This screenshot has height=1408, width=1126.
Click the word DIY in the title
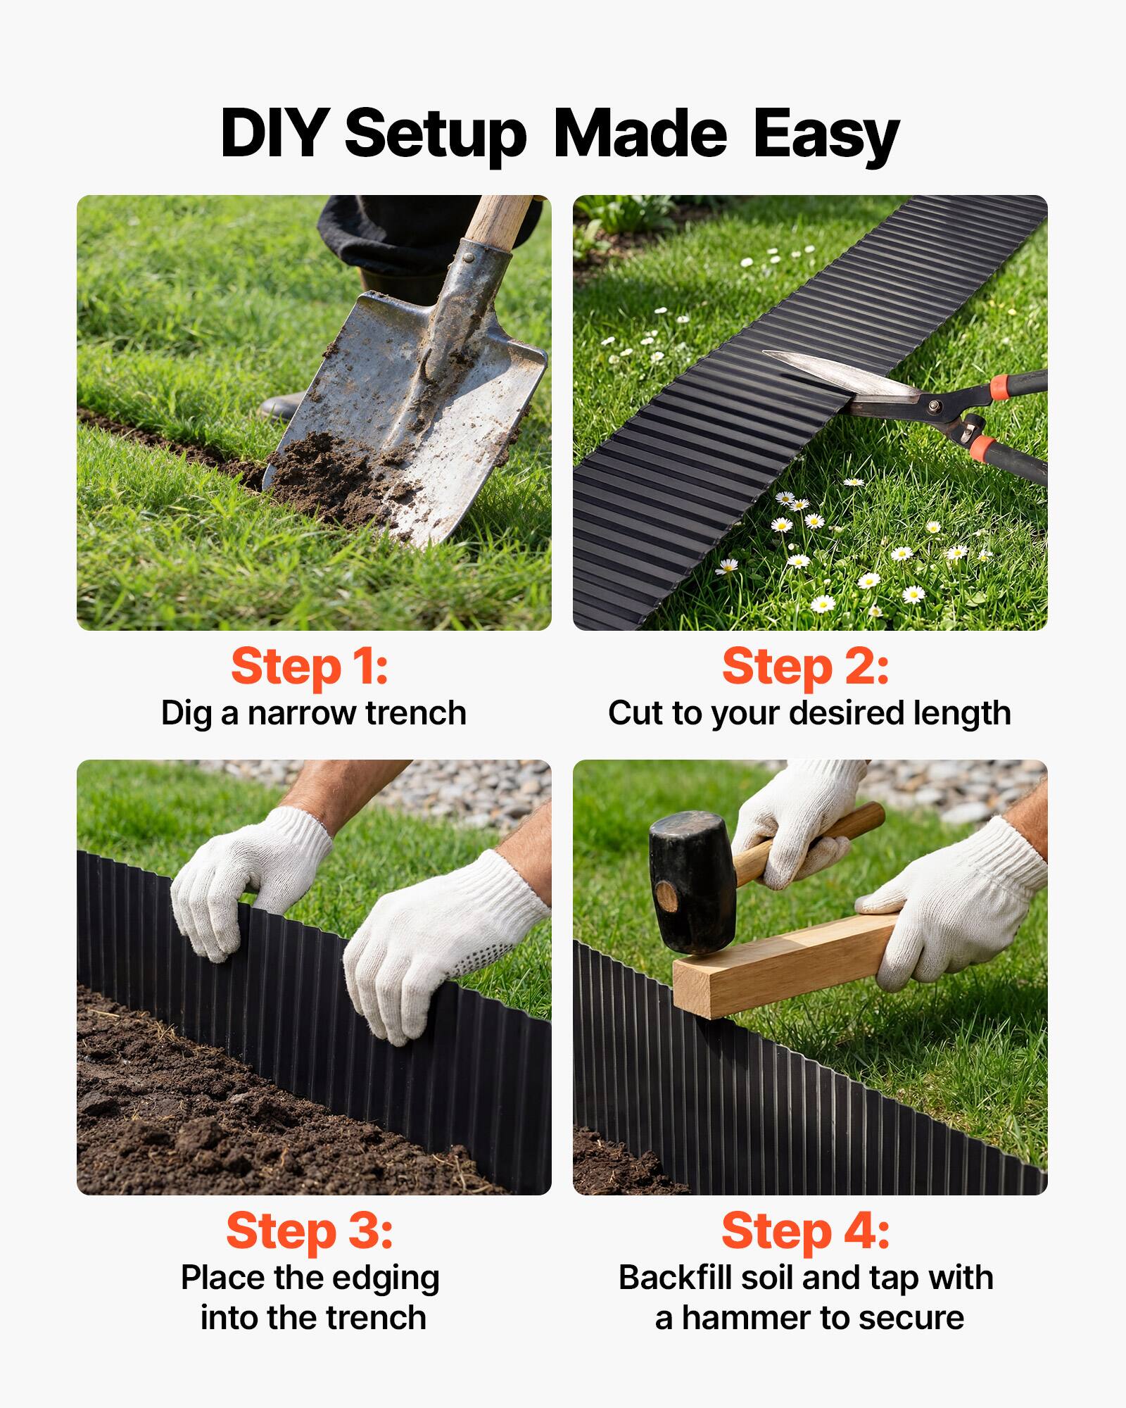click(x=274, y=134)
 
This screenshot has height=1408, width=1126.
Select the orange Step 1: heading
click(x=310, y=667)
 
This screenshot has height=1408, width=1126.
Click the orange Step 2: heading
click(x=806, y=667)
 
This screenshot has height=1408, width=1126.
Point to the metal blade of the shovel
click(x=394, y=394)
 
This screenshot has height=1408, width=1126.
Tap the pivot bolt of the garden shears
click(x=935, y=406)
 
